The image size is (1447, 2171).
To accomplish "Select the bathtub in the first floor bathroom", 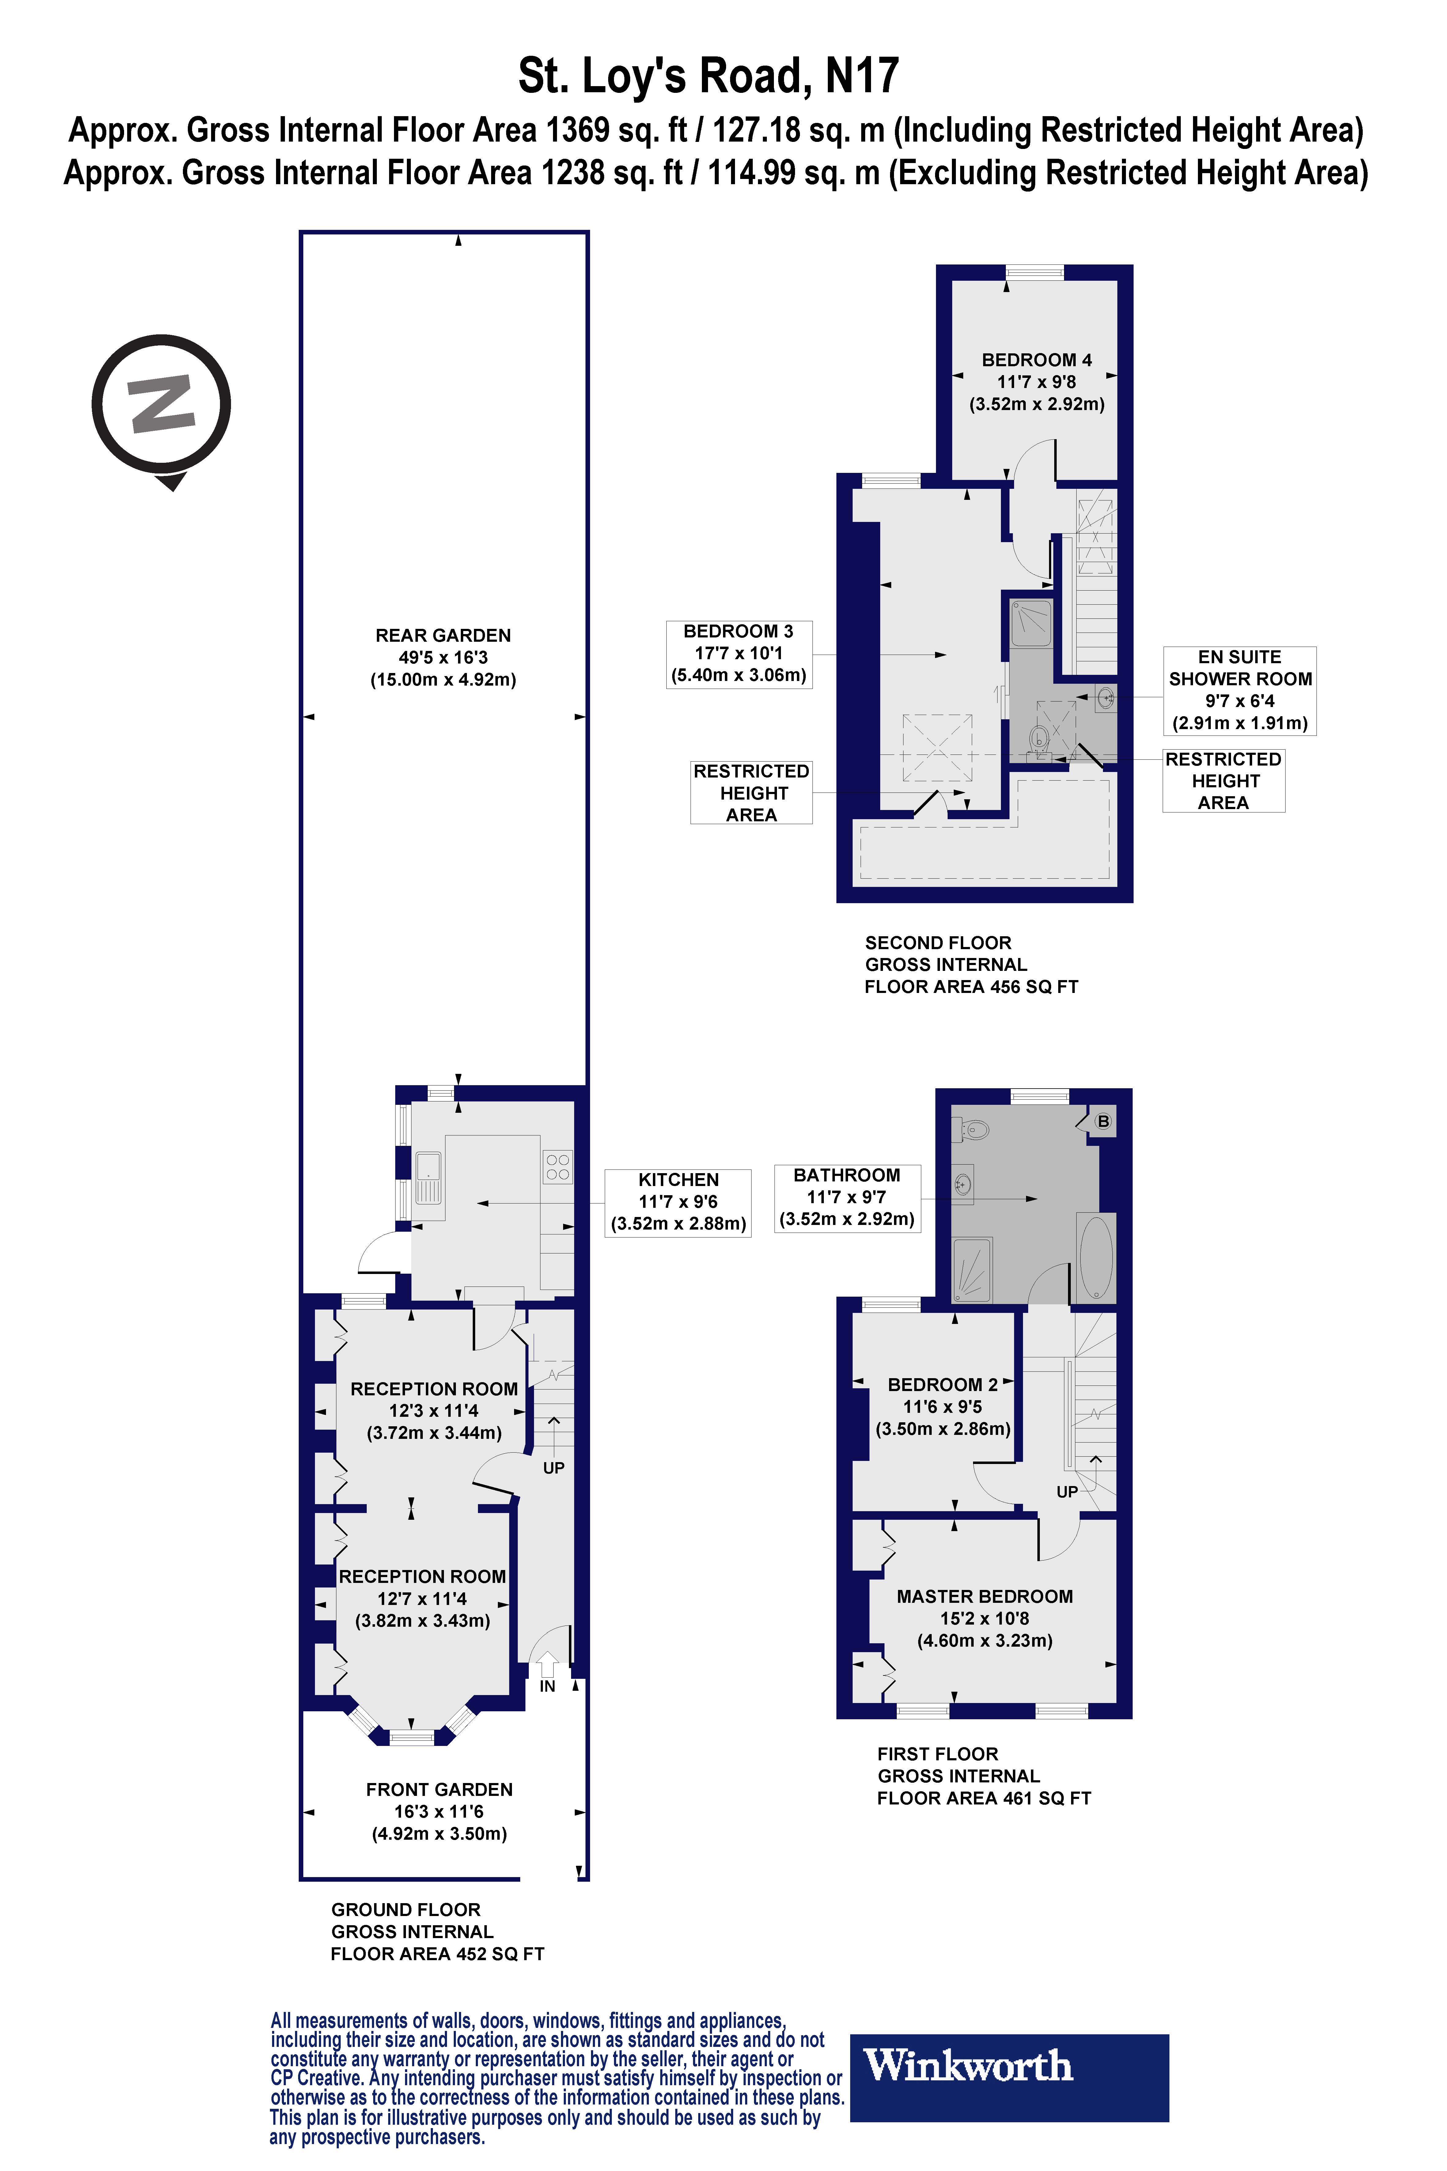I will click(1096, 1257).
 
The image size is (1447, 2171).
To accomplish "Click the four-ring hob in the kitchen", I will click(557, 1167).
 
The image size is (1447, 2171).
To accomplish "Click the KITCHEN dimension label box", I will click(678, 1202).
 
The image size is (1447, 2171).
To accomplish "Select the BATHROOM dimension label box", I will click(847, 1197).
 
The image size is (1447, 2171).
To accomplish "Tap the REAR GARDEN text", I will click(443, 636).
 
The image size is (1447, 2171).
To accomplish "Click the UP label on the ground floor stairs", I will click(554, 1468).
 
